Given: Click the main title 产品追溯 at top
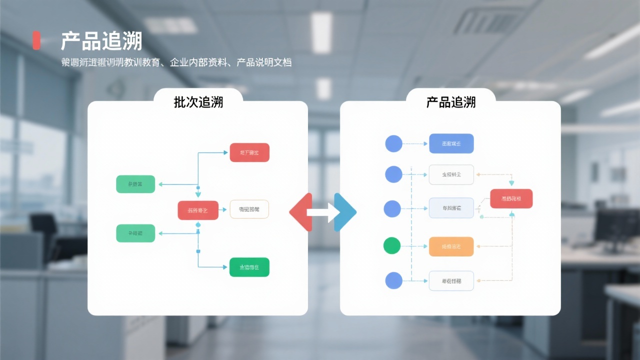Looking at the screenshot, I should (x=101, y=41).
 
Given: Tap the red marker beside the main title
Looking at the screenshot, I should (x=36, y=40).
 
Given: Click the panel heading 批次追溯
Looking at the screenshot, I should (x=198, y=102).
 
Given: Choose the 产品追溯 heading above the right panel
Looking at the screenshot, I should (x=450, y=102).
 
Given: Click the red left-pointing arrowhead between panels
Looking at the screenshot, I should (x=300, y=212).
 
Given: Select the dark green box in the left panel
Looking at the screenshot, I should (x=249, y=267).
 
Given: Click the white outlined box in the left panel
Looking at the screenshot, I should (x=249, y=209).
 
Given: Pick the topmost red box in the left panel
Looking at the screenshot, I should (x=249, y=152).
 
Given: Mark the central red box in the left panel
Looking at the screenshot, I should (x=198, y=210).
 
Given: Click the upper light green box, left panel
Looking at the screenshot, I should (x=135, y=184).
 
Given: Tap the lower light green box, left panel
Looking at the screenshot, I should (x=135, y=233).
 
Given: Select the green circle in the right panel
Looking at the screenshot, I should (x=392, y=245).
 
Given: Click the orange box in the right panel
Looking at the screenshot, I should (x=451, y=246).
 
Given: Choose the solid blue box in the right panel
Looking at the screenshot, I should (x=451, y=143).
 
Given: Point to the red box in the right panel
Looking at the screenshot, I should (x=511, y=198).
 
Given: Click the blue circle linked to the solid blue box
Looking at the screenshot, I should (x=393, y=144).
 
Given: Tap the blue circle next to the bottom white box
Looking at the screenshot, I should (x=393, y=280).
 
